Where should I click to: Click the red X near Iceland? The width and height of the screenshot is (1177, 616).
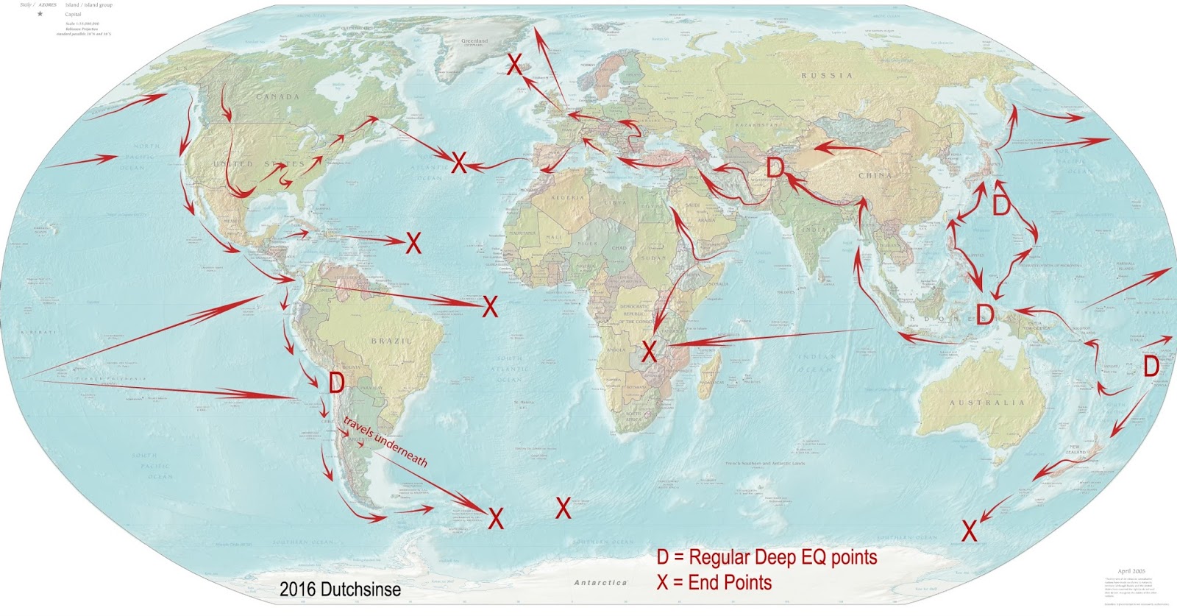[516, 64]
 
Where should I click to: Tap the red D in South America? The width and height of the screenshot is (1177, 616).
[336, 383]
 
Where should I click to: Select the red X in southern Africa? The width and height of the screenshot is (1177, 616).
[648, 351]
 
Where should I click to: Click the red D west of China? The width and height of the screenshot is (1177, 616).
[775, 168]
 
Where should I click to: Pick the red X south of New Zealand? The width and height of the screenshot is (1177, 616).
[970, 530]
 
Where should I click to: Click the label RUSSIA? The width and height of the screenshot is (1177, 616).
[827, 76]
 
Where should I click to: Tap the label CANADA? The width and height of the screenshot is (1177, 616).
[277, 96]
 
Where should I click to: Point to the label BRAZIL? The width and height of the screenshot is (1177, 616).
[391, 341]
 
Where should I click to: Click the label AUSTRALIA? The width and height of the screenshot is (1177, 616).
[986, 403]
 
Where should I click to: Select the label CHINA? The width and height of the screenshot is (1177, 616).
[875, 175]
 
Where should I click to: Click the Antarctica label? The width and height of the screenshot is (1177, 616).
[600, 582]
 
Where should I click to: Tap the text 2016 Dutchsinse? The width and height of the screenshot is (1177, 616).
[340, 590]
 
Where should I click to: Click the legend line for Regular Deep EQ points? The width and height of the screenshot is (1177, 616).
[767, 557]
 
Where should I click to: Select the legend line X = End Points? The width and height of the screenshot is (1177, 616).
[714, 583]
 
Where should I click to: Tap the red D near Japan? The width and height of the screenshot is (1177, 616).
[1000, 204]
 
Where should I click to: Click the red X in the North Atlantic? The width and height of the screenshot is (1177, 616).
[458, 162]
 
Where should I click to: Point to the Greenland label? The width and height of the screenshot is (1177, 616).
[474, 41]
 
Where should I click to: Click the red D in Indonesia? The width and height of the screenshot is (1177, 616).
[984, 315]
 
